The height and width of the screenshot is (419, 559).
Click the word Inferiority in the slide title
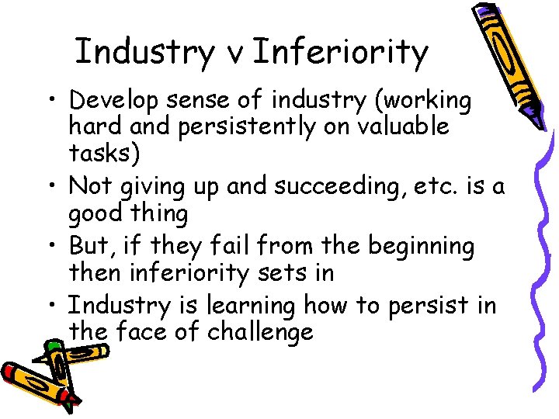(x=340, y=52)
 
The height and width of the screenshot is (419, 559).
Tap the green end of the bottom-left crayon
(x=54, y=346)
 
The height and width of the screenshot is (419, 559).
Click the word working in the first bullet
(x=423, y=102)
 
